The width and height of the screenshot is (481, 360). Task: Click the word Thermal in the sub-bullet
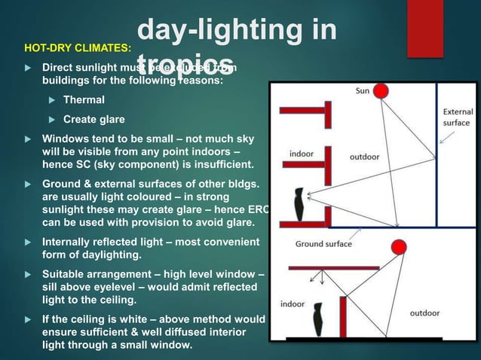tap(84, 99)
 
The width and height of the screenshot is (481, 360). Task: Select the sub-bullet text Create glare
tap(94, 119)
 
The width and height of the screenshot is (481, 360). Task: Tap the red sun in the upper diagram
tap(381, 92)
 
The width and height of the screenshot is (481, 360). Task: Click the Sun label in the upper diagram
tap(363, 91)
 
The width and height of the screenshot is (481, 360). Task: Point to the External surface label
tap(456, 117)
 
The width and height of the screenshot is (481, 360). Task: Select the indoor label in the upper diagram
tap(302, 154)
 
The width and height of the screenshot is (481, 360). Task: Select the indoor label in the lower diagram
tap(293, 304)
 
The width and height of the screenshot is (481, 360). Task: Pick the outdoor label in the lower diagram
tap(424, 312)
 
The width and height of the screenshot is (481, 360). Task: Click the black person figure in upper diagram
tap(299, 203)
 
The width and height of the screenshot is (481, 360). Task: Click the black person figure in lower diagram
tap(317, 319)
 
